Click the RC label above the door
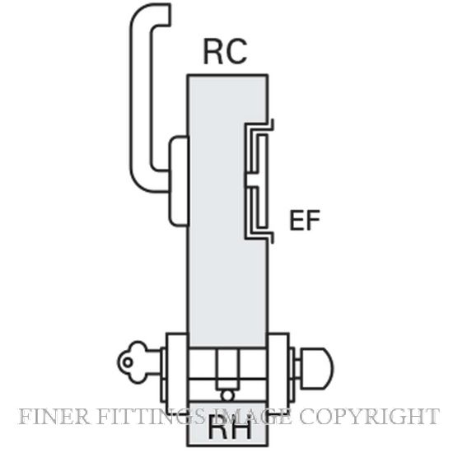226,52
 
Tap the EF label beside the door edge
305,220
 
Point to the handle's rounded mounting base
179,181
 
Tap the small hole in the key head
128,362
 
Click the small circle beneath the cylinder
227,396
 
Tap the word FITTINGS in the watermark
152,417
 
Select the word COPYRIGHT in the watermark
369,417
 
